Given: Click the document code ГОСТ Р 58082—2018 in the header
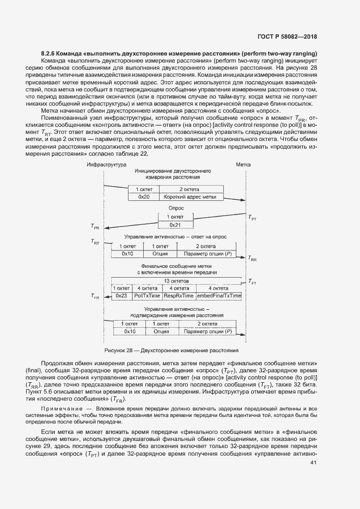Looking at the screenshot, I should point(286,38).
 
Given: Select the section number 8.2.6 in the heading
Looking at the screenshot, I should point(50,53).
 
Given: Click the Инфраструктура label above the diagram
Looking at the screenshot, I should point(107,164).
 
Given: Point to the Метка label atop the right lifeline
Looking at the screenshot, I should point(243,164).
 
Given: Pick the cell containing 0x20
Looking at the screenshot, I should point(143,197).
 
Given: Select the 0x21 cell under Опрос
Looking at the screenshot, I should point(175,224).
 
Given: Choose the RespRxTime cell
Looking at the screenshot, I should point(179,295).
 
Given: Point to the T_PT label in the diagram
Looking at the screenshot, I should point(252,218).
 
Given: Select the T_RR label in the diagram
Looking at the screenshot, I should point(252,259).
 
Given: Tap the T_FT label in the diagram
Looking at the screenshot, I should point(252,282).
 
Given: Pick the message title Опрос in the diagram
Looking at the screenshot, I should point(176,208).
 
